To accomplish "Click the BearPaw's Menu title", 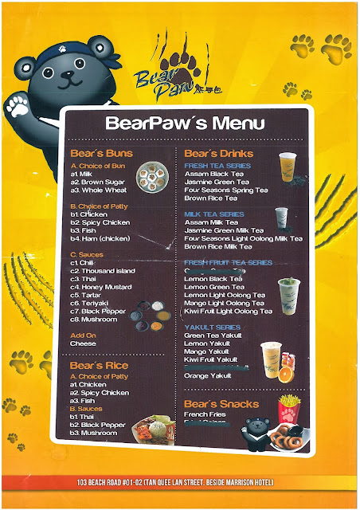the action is click(178, 124).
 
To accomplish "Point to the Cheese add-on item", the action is click(83, 344).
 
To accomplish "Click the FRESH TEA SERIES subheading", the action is click(217, 165).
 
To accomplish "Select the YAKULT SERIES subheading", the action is click(211, 327).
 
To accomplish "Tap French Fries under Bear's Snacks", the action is click(205, 414).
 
